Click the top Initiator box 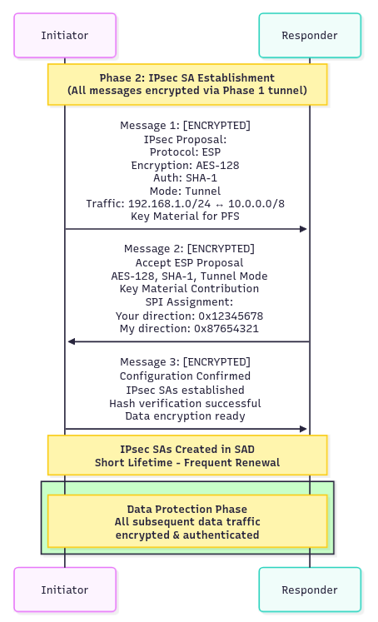click(65, 35)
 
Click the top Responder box click(310, 35)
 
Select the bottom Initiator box click(65, 590)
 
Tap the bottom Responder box click(310, 590)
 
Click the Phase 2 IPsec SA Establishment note click(187, 84)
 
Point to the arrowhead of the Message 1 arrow click(304, 229)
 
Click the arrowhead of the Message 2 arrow click(72, 341)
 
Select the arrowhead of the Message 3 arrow click(304, 429)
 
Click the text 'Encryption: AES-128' click(185, 165)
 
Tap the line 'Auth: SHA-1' click(185, 177)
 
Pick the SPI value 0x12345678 click(231, 316)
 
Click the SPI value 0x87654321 click(226, 328)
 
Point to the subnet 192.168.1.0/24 click(169, 203)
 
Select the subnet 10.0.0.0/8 click(256, 203)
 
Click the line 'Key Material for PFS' click(185, 216)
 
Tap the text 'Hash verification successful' click(185, 404)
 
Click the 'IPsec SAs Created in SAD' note click(187, 455)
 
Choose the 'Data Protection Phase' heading click(187, 509)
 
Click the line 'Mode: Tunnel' click(185, 191)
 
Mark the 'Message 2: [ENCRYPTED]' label click(189, 249)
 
